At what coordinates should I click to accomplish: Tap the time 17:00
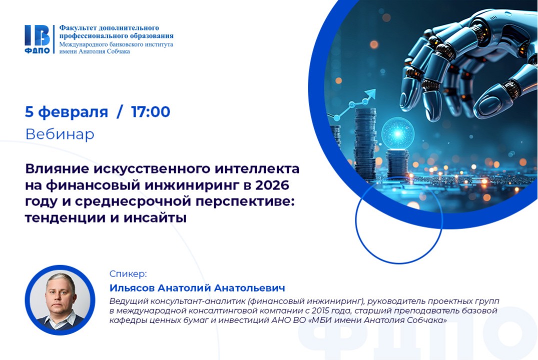(x=151, y=112)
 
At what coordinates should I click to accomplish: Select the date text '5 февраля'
(x=67, y=112)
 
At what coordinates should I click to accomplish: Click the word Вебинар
(x=60, y=134)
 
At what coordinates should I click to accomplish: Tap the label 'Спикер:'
(x=128, y=274)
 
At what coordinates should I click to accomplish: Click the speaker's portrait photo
(x=60, y=300)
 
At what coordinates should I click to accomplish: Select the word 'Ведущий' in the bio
(x=127, y=301)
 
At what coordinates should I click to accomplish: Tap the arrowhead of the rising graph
(x=370, y=93)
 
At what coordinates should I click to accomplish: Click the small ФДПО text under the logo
(x=37, y=50)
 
